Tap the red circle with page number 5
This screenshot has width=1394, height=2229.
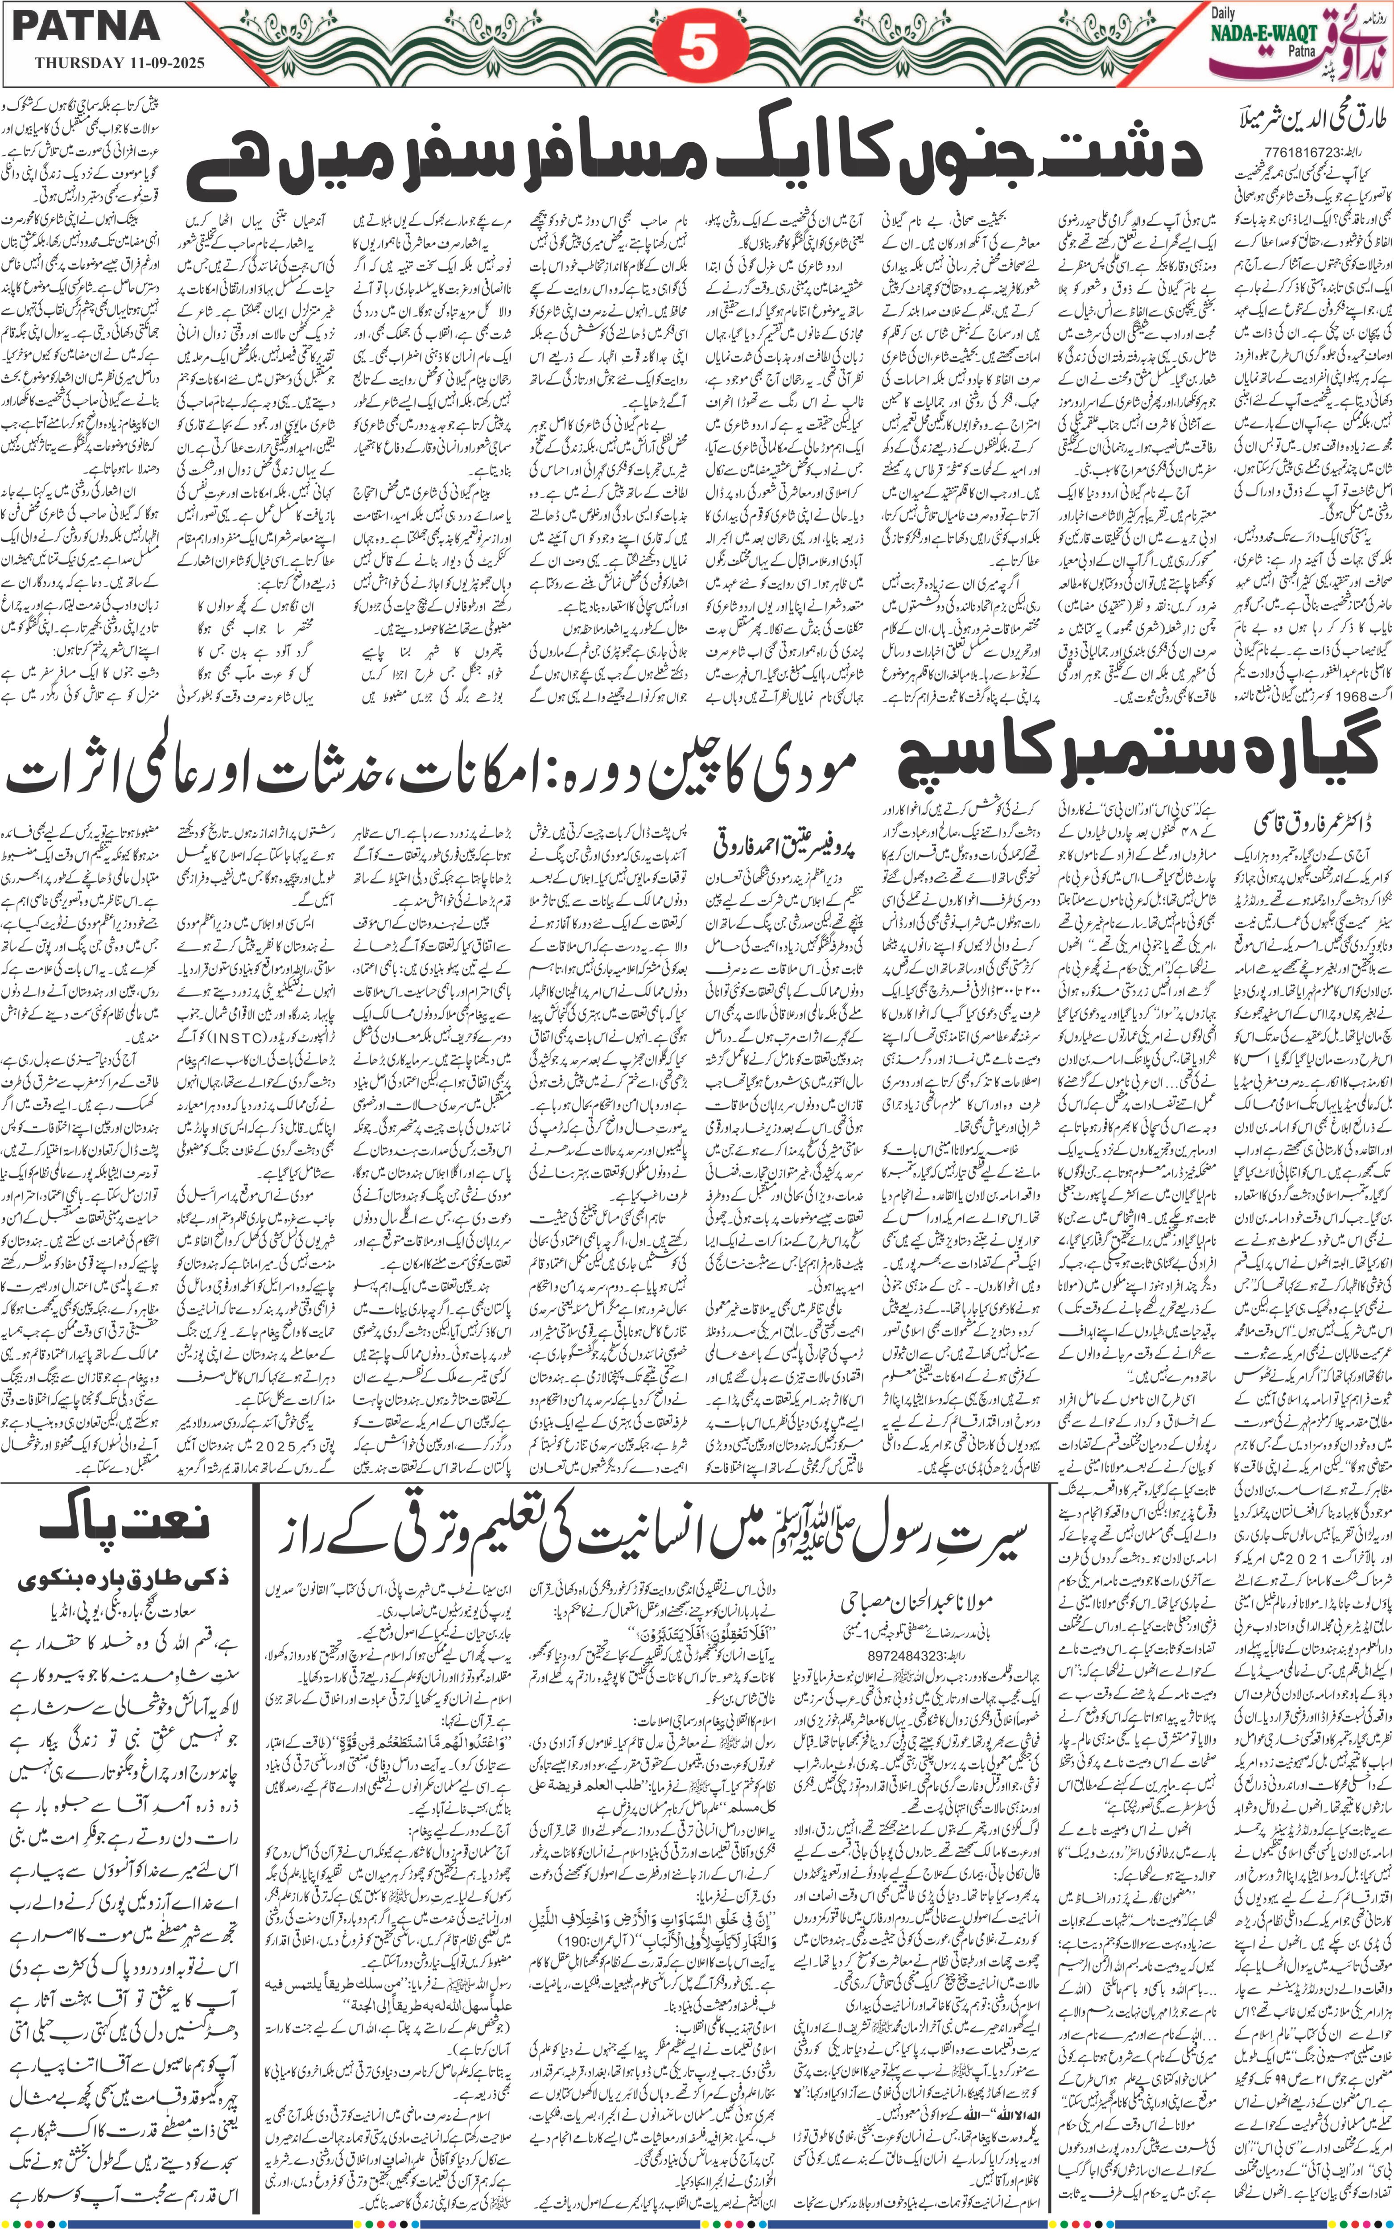coord(698,51)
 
